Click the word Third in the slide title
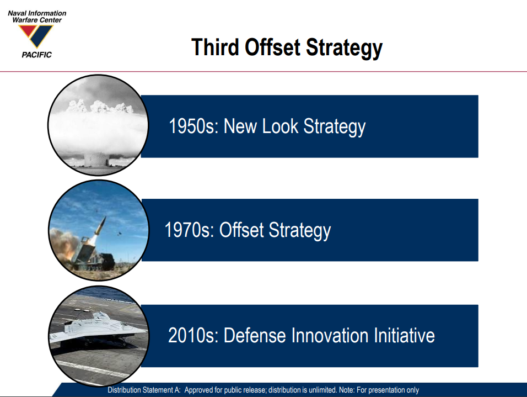click(x=215, y=47)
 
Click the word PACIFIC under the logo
click(x=36, y=55)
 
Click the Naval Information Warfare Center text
click(x=37, y=17)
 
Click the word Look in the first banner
click(x=280, y=126)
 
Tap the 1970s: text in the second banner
click(x=189, y=230)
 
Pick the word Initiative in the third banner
click(x=402, y=336)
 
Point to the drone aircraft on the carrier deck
click(x=97, y=329)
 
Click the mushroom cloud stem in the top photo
click(x=96, y=159)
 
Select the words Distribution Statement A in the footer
click(x=144, y=390)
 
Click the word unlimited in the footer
click(x=322, y=390)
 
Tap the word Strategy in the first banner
click(x=335, y=128)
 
